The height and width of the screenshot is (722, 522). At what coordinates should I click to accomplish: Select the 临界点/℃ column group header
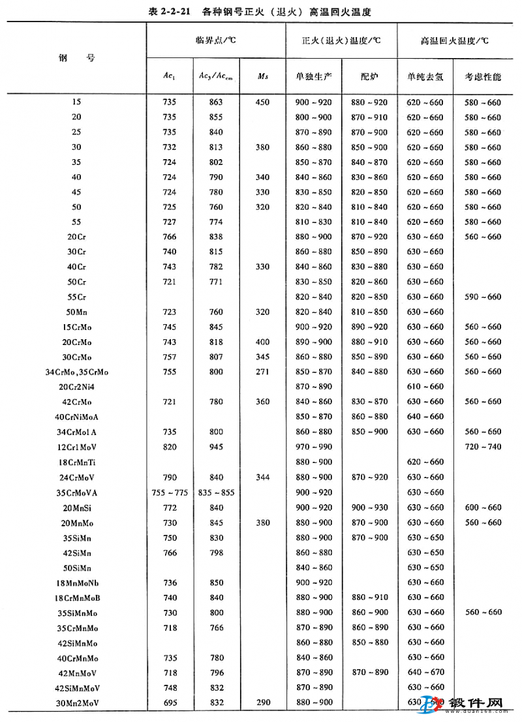coord(215,40)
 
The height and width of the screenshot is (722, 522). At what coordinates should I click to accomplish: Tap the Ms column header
coord(262,76)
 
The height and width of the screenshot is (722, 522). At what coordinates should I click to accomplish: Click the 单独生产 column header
coord(313,76)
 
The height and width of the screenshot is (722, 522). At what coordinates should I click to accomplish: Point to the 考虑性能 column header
coord(484,76)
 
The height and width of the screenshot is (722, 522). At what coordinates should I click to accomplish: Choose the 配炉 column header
coord(369,76)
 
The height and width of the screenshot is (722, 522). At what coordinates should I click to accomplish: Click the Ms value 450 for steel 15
coord(262,102)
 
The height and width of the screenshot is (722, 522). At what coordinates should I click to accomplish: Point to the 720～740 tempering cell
coord(484,447)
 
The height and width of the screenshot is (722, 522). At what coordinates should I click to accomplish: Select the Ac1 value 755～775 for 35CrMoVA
coord(170,492)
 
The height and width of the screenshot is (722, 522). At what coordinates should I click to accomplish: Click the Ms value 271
coord(262,372)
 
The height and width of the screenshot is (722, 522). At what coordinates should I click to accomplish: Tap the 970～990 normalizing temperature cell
coord(313,447)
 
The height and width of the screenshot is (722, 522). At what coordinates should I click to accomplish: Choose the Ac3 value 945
coord(216,447)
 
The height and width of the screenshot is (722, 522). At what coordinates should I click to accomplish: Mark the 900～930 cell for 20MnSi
coord(369,507)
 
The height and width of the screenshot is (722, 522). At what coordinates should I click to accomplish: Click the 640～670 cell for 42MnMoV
coord(425,672)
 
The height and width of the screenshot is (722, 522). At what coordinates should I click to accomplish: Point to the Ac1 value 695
coord(170,702)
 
